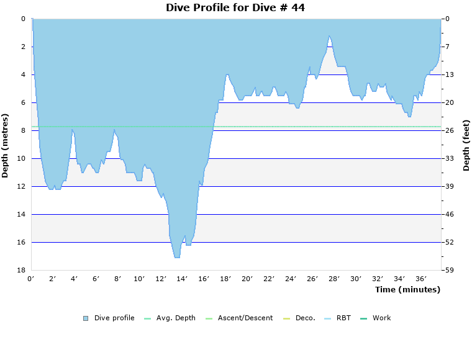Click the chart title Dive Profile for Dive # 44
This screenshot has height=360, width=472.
(235, 7)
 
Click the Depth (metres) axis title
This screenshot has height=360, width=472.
(6, 145)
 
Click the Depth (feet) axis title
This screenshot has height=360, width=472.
(466, 145)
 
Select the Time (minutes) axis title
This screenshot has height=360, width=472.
(407, 289)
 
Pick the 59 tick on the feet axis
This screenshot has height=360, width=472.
(450, 270)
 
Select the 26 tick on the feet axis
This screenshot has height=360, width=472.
(450, 130)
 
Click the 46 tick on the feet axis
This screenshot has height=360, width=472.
(450, 214)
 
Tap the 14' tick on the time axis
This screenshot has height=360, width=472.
(183, 279)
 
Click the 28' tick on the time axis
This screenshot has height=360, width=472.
(334, 279)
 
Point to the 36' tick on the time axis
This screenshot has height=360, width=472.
(420, 279)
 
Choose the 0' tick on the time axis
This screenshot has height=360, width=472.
(31, 279)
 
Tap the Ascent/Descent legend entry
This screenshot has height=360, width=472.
(241, 318)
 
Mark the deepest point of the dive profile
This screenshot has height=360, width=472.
(177, 257)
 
